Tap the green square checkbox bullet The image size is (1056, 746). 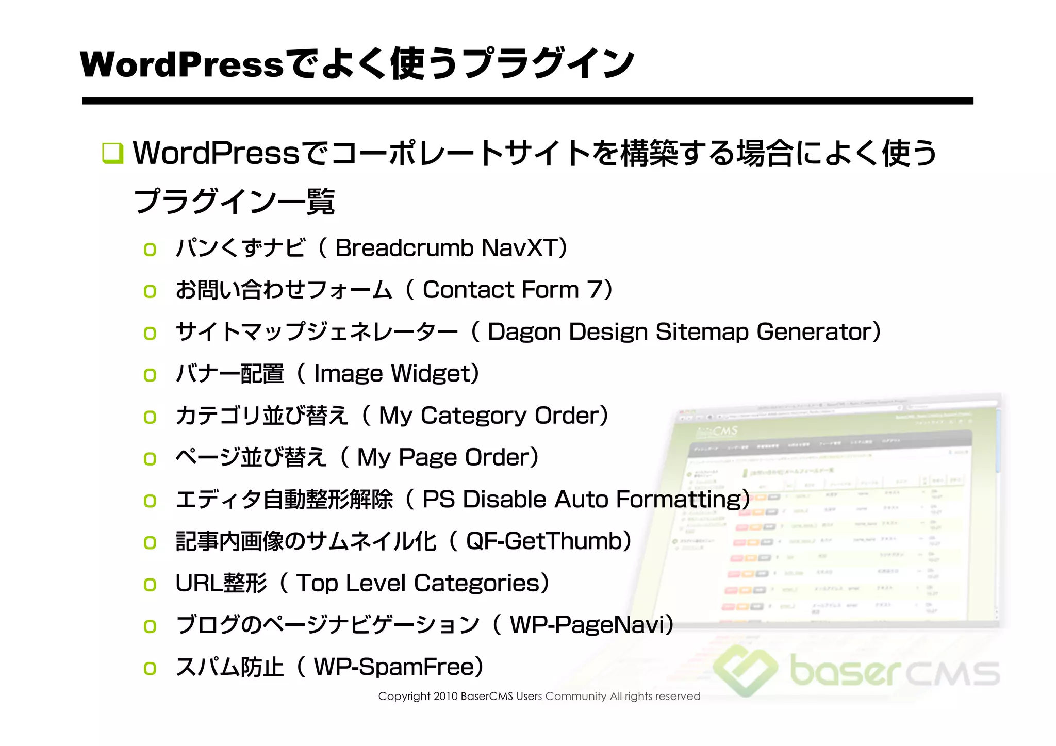113,153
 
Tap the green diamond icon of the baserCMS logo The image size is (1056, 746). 745,670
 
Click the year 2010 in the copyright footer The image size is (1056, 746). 445,697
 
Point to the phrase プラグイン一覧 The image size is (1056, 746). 235,202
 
